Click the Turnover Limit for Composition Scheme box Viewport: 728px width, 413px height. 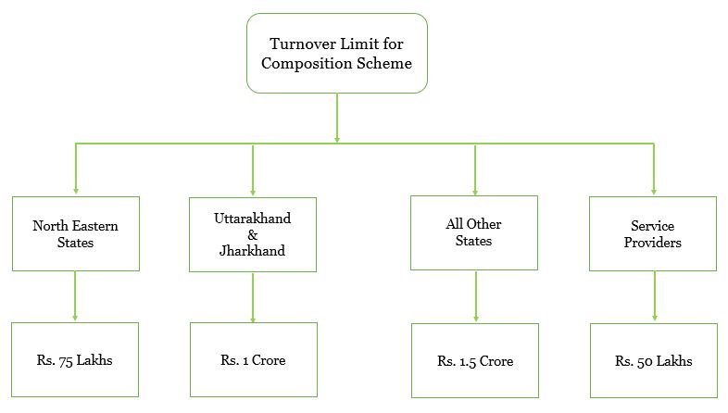click(336, 53)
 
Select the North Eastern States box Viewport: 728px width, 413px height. click(75, 233)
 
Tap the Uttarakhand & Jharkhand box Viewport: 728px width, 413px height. click(253, 234)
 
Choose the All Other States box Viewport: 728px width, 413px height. click(475, 232)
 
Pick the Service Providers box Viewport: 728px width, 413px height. click(653, 233)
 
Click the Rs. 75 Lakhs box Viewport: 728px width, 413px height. click(75, 359)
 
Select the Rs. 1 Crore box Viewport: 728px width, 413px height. click(253, 359)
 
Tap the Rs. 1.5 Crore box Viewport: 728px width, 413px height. click(475, 360)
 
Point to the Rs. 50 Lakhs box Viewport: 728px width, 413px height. click(653, 360)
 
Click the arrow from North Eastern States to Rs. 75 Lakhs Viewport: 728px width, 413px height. click(75, 296)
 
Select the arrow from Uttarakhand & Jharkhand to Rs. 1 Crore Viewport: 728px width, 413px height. click(253, 296)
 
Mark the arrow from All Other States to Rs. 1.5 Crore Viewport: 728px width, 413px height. click(475, 296)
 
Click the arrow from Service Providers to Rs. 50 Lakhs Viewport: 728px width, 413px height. click(653, 296)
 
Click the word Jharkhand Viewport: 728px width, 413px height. click(253, 250)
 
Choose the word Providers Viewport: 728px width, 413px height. click(653, 243)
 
